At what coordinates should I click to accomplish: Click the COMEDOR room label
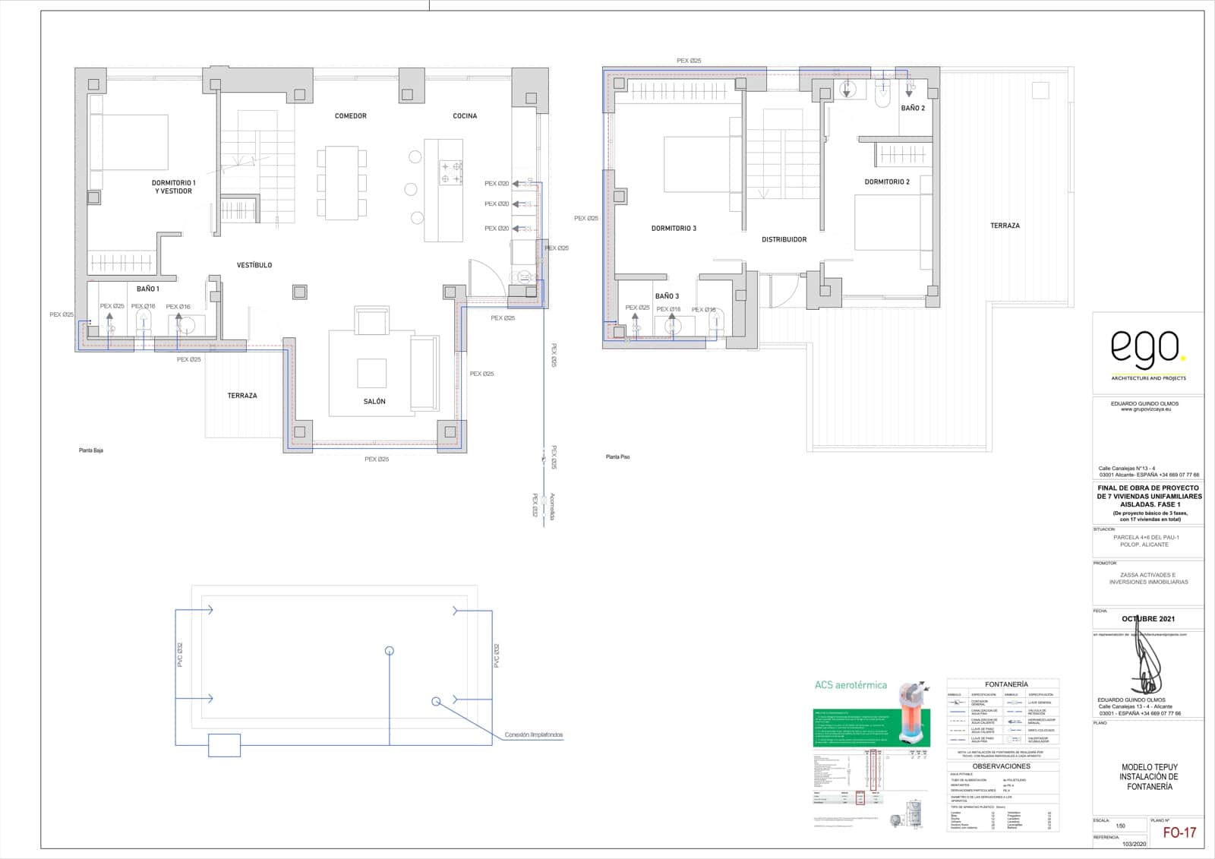tap(350, 116)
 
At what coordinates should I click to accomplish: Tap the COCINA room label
tap(465, 116)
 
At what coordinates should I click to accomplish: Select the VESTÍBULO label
tap(254, 265)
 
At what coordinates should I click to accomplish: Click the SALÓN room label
tap(374, 401)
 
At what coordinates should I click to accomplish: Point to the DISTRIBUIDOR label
tap(784, 239)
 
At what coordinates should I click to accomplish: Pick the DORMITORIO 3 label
tap(674, 228)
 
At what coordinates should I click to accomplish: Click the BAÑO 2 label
tap(913, 109)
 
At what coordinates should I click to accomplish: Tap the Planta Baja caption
tap(91, 450)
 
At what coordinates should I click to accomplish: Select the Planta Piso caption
tap(617, 457)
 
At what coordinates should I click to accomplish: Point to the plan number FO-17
tap(1179, 832)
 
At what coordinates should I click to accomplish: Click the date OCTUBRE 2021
tap(1148, 619)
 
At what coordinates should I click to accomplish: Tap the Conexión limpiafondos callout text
tap(533, 735)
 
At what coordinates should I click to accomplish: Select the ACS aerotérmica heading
tap(850, 685)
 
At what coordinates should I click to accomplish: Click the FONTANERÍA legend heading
tap(1006, 684)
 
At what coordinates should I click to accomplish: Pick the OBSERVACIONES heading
tap(1002, 766)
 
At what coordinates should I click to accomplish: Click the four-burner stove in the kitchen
tap(450, 172)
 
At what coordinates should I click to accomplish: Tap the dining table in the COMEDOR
tap(342, 183)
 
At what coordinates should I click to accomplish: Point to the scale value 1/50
tap(1120, 826)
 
